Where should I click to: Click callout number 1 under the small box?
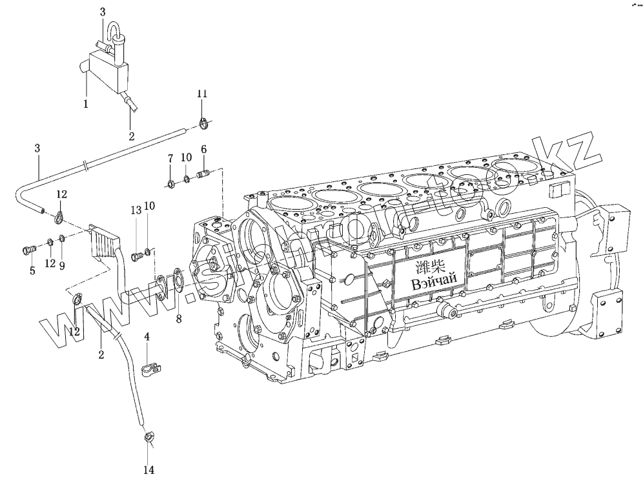click(x=87, y=103)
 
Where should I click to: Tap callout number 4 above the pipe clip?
click(x=147, y=338)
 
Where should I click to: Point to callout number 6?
click(x=204, y=150)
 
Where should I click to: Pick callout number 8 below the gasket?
click(x=179, y=318)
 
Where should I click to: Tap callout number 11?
click(x=202, y=94)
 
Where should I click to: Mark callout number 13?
click(x=136, y=210)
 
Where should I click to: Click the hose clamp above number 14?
click(x=148, y=438)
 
